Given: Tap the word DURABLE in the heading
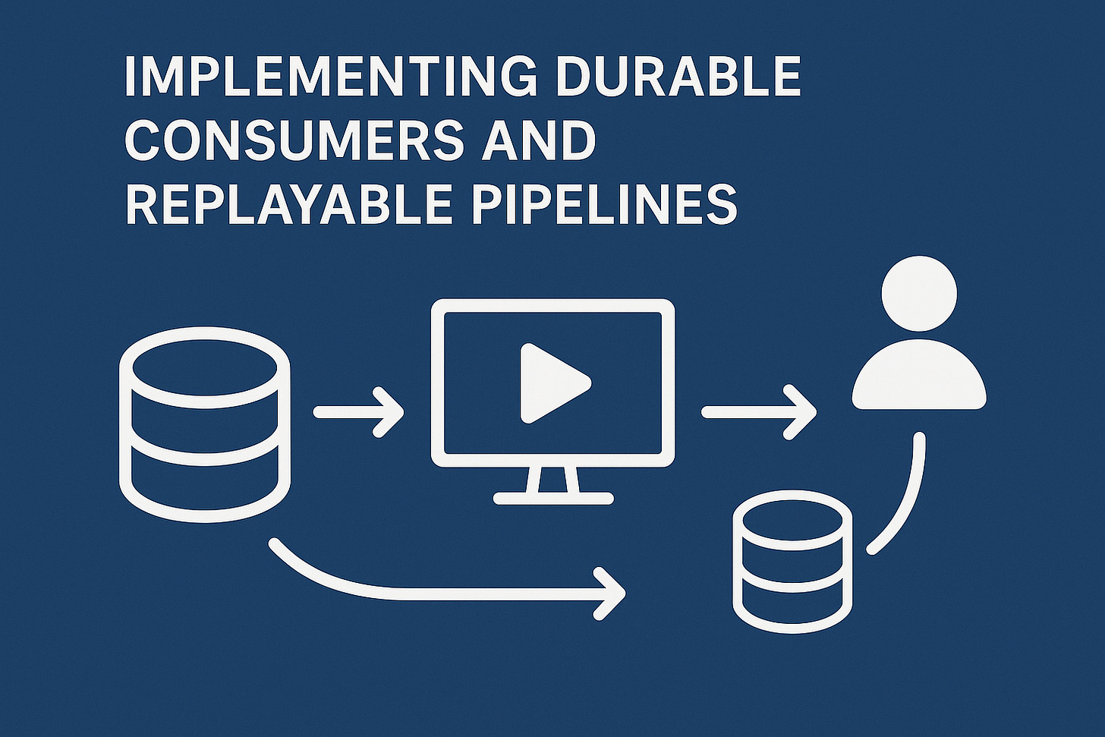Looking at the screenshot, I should pyautogui.click(x=678, y=76).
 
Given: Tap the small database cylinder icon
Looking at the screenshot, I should pyautogui.click(x=792, y=562).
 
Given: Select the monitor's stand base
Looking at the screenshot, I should pyautogui.click(x=553, y=499).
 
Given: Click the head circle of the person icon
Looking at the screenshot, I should pyautogui.click(x=919, y=294).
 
